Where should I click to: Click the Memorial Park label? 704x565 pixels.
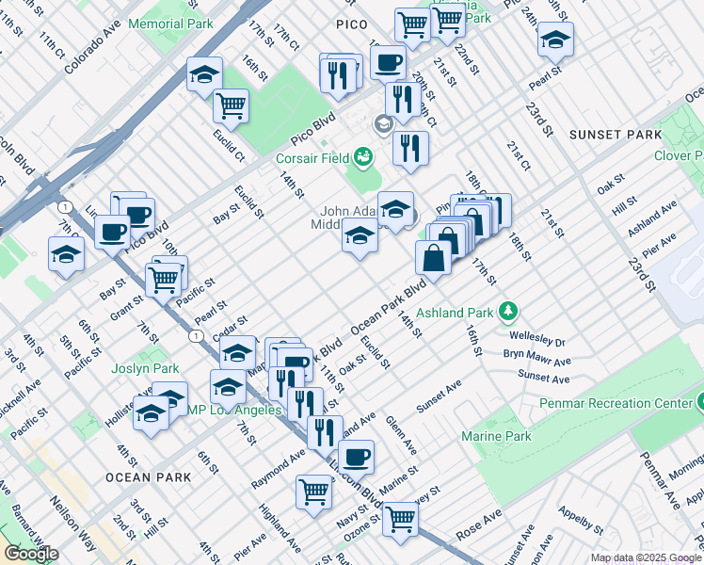tap(170, 23)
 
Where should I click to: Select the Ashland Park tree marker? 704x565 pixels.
tap(508, 310)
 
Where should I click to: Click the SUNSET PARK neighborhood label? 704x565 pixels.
tap(616, 135)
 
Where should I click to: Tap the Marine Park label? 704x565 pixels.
tap(496, 436)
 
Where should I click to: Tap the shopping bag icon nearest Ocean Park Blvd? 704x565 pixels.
tap(433, 255)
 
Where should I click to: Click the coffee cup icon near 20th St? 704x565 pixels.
tap(388, 62)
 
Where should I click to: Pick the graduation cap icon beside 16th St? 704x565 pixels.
tap(204, 74)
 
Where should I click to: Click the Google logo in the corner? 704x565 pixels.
tap(31, 553)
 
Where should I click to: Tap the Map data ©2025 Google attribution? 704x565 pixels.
tap(646, 557)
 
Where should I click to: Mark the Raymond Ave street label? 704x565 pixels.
tap(279, 468)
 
